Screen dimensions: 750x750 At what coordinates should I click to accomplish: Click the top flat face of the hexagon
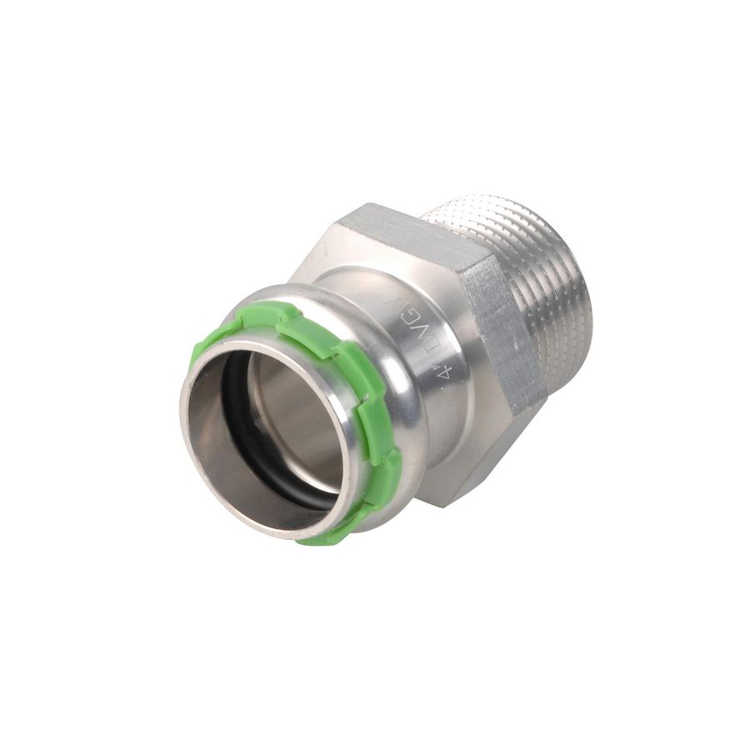pyautogui.click(x=417, y=233)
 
